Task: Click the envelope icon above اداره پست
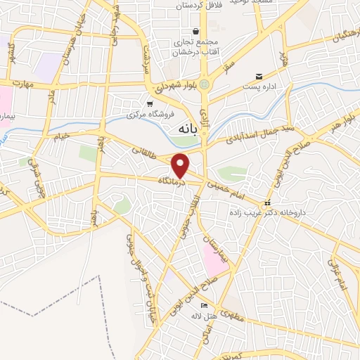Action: coord(259,77)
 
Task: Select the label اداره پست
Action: coord(259,87)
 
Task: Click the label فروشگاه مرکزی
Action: coord(149,114)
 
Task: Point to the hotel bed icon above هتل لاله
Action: coord(204,306)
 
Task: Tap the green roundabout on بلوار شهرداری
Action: coord(205,85)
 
